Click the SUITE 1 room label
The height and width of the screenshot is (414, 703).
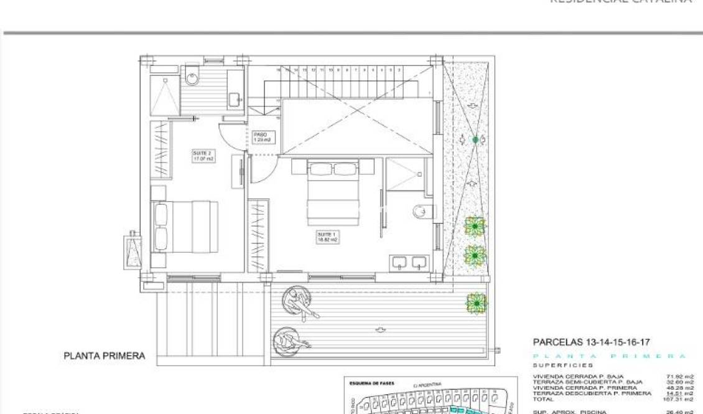click(x=328, y=237)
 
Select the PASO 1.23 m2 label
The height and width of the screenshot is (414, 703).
click(x=262, y=137)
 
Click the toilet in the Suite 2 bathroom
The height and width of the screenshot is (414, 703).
click(x=192, y=77)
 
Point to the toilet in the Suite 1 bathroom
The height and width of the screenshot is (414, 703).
click(x=421, y=211)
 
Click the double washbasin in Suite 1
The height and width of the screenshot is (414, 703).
click(x=409, y=262)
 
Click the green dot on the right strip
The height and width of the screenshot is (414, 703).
click(x=476, y=140)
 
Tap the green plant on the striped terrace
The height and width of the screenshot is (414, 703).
click(x=477, y=303)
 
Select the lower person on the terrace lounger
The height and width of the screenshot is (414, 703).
click(x=290, y=341)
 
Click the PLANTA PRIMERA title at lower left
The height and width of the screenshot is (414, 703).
click(x=105, y=356)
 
